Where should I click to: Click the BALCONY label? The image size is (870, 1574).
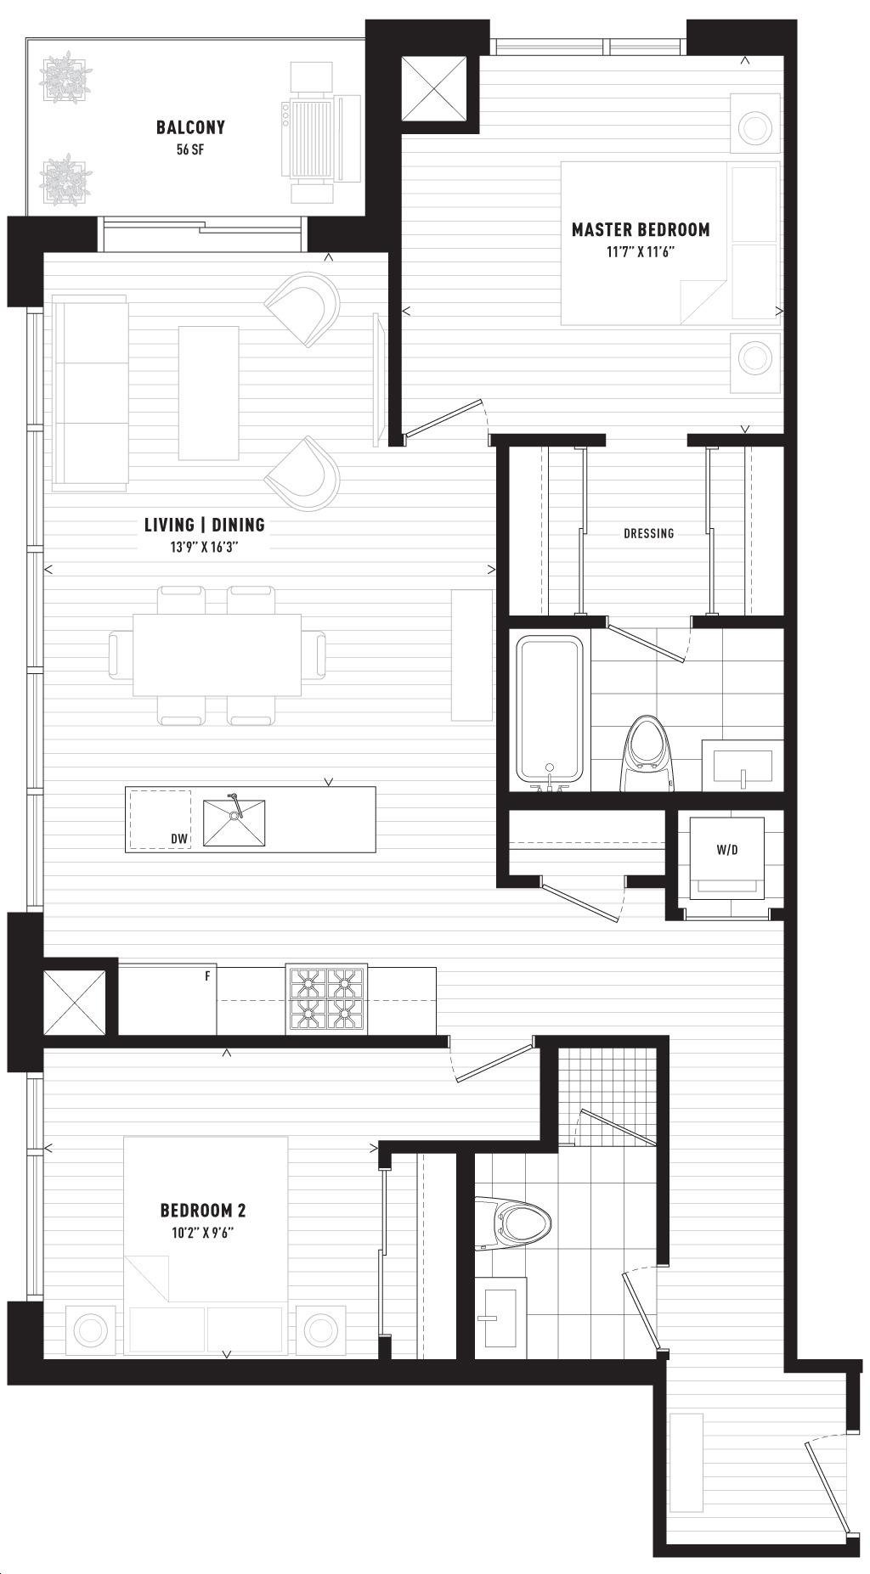(190, 127)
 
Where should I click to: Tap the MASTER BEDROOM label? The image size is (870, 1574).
(641, 229)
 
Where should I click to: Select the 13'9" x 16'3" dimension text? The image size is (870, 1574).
(204, 548)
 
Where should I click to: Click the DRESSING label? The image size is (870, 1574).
(648, 533)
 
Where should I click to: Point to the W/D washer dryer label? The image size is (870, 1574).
(726, 849)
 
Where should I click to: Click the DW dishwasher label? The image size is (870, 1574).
(178, 839)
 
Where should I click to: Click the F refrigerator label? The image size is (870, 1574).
(207, 976)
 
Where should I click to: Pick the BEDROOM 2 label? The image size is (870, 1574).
(204, 1210)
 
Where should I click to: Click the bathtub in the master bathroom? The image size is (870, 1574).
(551, 710)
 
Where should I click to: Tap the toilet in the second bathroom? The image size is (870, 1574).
(512, 1223)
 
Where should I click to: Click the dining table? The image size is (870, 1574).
(217, 654)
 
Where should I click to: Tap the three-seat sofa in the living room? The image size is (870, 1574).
(90, 392)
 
